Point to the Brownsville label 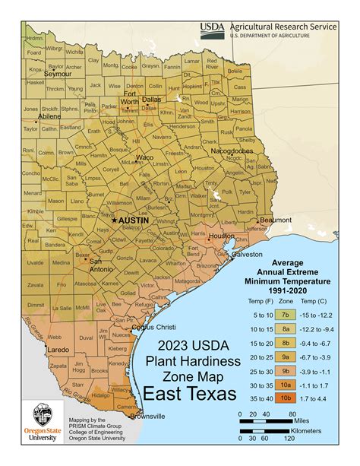(x=146, y=416)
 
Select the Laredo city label (x=36, y=350)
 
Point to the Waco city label (x=144, y=157)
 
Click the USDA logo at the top (x=212, y=29)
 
